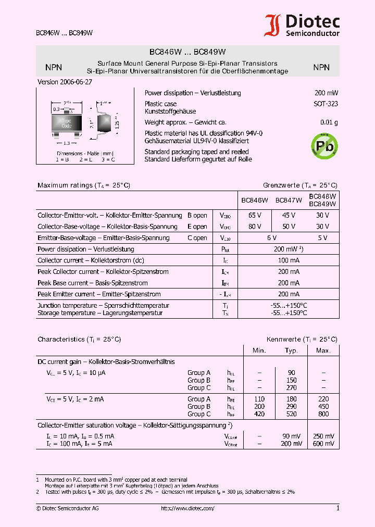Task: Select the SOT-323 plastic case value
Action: coord(326,104)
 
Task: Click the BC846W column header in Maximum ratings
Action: coord(254,200)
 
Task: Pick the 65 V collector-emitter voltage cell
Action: coord(255,215)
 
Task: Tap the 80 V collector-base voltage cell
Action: coord(255,227)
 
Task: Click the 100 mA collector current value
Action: coord(289,260)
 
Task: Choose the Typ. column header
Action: coord(291,350)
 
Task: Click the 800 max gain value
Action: coord(323,414)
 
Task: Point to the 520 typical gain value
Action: coord(291,414)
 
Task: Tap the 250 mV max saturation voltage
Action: coord(323,436)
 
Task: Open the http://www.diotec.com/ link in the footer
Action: coord(187,508)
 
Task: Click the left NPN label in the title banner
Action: coord(54,68)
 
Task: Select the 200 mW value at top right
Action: coord(326,93)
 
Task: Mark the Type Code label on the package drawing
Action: coord(67,123)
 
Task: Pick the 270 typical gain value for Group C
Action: coord(291,387)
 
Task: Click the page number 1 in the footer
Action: coord(337,508)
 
